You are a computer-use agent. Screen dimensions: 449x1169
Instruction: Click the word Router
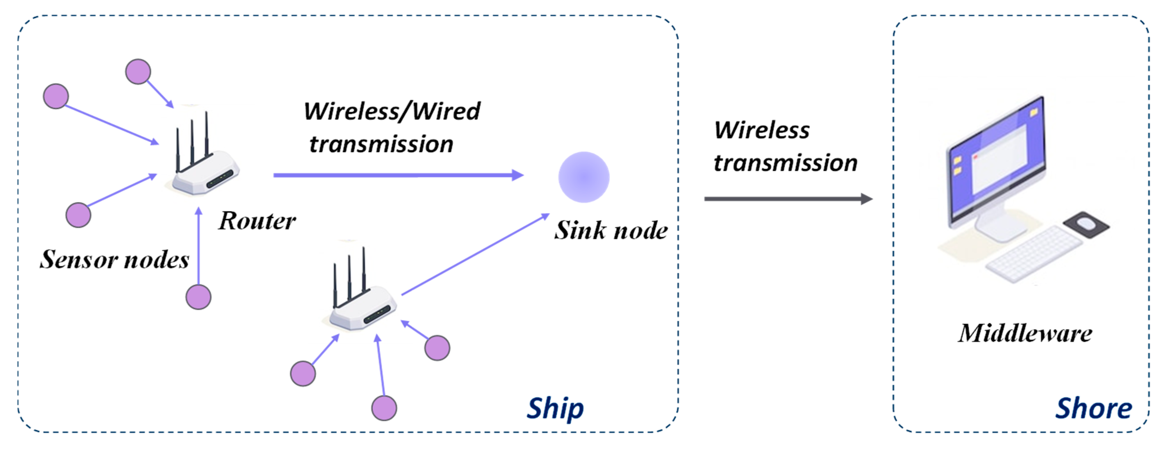[257, 221]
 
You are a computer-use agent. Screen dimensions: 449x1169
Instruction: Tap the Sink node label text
[611, 230]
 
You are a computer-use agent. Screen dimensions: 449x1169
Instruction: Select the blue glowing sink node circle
[583, 177]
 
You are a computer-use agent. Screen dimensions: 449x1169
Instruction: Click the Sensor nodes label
[114, 259]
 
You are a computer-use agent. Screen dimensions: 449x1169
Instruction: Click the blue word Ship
[555, 408]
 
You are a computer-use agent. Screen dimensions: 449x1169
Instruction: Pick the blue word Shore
[1094, 408]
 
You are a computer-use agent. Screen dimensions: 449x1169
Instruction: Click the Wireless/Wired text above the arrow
[392, 111]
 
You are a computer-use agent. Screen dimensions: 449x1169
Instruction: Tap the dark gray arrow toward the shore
[787, 199]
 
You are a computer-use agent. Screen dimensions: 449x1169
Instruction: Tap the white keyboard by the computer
[1033, 256]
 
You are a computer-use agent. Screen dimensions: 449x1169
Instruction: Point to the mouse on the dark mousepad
[1086, 223]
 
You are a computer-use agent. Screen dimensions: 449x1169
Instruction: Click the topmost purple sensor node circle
[138, 72]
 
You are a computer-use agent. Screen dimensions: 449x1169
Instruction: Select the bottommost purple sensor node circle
[384, 408]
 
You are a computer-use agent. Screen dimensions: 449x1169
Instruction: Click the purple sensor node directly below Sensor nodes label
[198, 297]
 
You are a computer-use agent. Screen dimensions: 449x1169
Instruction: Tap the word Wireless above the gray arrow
[762, 131]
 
